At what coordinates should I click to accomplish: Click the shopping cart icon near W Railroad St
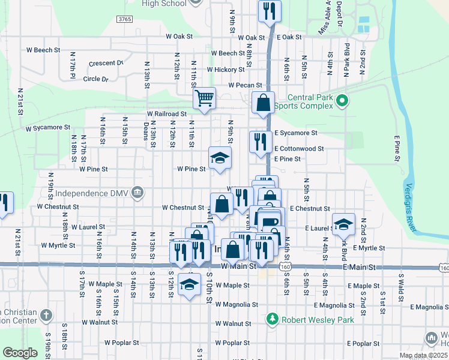coord(205,98)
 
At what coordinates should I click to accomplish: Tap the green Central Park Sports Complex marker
coord(342,100)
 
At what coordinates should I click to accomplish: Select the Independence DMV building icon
coord(137,193)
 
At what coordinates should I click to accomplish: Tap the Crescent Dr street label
coord(106,63)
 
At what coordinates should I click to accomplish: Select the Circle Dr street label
coord(96,79)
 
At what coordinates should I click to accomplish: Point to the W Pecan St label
coord(246,86)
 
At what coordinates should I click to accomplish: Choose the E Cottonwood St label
coord(299,148)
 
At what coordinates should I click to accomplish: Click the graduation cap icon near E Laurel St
coord(343,224)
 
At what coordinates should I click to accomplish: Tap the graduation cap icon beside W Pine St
coord(220,158)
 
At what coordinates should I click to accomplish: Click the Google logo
coord(20,353)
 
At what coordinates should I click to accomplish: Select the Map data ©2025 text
coord(423,355)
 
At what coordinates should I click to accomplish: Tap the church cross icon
coord(46,314)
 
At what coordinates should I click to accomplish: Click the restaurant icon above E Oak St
coord(269,10)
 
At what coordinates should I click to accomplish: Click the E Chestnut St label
coord(310,208)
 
